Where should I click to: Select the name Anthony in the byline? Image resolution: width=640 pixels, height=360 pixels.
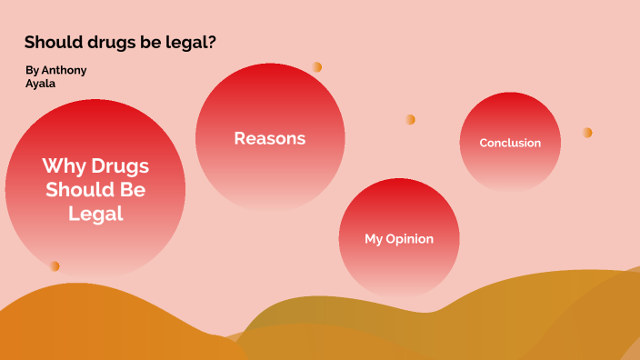(x=65, y=70)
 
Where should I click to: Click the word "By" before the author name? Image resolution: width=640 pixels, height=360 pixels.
(x=33, y=70)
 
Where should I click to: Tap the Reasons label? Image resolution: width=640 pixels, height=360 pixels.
(x=269, y=138)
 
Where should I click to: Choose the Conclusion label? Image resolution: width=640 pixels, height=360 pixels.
(x=510, y=143)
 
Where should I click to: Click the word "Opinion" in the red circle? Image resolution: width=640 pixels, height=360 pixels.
(x=410, y=239)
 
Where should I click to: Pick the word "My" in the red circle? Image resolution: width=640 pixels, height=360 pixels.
(x=374, y=239)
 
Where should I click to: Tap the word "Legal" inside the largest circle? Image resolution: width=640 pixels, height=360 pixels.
(x=95, y=214)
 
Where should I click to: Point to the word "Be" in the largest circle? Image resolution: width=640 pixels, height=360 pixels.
(x=133, y=190)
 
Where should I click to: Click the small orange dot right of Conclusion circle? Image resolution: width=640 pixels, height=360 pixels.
(x=587, y=133)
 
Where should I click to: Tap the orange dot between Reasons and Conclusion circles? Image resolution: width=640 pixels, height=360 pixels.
(x=410, y=119)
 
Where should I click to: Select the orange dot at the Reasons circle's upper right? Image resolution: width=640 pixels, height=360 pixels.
(x=316, y=66)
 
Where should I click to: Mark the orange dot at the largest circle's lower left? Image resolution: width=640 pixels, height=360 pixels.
(x=55, y=265)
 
